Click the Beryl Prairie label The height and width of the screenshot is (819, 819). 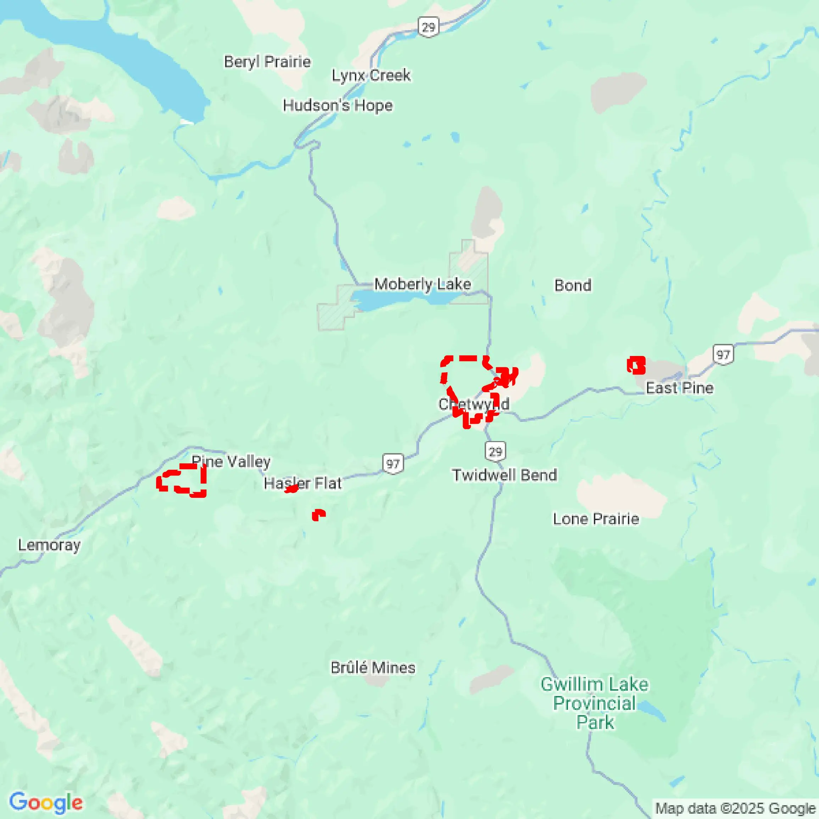coord(267,62)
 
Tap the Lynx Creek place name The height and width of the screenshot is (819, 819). coord(370,76)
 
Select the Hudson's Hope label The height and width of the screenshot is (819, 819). coord(338,105)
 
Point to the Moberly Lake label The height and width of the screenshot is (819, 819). coord(422,284)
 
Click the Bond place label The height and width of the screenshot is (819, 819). coord(573,285)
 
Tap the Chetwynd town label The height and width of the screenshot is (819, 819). coord(474,405)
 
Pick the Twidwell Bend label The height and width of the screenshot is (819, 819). coord(504,475)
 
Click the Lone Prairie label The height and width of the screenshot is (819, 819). coord(596,519)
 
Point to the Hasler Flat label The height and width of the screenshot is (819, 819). coord(302,483)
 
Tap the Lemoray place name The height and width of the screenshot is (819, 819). coord(49,545)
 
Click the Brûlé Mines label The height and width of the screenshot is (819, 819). coord(373,668)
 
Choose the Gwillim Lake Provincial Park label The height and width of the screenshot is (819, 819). coord(595,704)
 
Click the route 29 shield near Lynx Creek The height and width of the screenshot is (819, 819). coord(428,27)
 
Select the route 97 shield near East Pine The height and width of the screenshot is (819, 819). coord(723,355)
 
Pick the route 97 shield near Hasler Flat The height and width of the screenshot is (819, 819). coord(393,464)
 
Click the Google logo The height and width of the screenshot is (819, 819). coord(46,802)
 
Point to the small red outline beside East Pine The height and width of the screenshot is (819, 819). coord(636,365)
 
